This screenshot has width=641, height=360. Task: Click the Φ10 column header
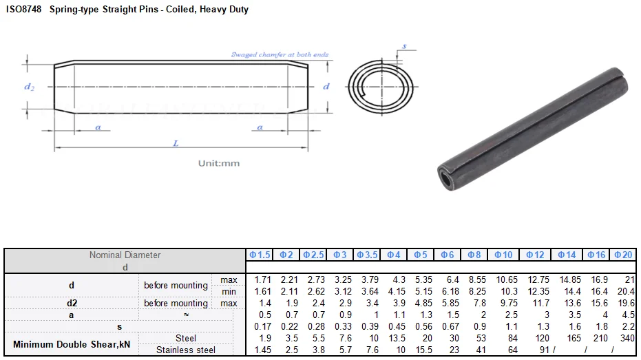click(503, 255)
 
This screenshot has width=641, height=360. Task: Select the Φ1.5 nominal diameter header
click(260, 255)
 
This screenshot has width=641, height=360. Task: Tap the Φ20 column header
click(623, 255)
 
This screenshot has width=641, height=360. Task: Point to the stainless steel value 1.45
click(262, 350)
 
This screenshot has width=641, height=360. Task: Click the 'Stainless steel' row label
click(186, 350)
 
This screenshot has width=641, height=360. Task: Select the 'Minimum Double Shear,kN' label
click(72, 344)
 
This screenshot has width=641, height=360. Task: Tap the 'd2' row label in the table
click(72, 303)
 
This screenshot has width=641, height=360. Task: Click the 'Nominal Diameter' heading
click(125, 255)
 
